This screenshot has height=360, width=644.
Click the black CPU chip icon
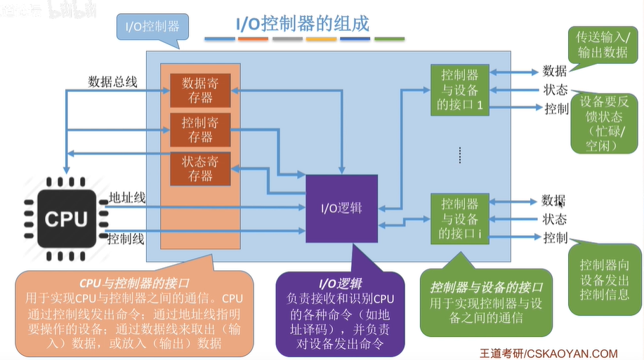(x=66, y=219)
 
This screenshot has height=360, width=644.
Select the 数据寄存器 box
(x=200, y=91)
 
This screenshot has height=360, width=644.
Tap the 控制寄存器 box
(x=200, y=130)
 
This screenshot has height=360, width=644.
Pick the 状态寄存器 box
(x=200, y=168)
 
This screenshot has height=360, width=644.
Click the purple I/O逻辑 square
(x=342, y=208)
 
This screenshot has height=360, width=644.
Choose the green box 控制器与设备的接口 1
(x=460, y=90)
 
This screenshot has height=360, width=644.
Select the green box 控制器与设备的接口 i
(x=460, y=219)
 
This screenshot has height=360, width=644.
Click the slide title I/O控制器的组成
(x=303, y=24)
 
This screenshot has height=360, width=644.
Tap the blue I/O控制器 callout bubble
(x=153, y=27)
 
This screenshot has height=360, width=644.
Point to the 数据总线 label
(x=112, y=81)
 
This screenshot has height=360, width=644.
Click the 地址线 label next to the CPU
(x=127, y=198)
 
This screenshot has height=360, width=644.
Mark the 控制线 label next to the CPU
(x=126, y=239)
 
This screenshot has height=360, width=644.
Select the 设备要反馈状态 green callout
(x=604, y=124)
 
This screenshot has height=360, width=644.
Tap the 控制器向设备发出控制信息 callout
(x=605, y=279)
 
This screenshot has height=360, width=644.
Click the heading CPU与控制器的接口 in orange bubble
(x=134, y=284)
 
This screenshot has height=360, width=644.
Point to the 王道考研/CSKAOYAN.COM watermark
(x=548, y=354)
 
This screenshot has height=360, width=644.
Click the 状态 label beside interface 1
(x=556, y=90)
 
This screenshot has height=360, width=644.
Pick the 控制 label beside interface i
(x=556, y=238)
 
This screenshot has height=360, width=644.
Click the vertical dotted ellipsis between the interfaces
(x=460, y=155)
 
